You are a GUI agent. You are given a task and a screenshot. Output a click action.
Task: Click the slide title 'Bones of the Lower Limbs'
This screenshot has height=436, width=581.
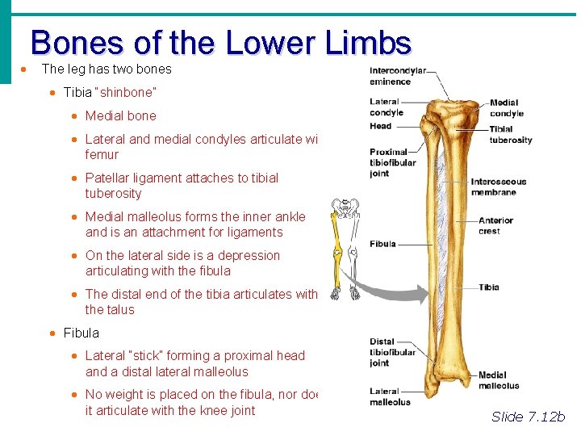221,42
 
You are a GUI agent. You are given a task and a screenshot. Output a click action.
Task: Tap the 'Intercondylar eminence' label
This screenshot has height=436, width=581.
397,75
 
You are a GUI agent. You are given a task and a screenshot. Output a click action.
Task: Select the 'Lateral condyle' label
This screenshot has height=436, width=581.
384,107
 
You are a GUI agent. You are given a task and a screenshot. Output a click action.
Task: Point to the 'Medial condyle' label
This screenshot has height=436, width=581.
506,108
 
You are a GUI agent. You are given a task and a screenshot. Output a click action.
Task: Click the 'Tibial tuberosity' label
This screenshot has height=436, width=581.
511,135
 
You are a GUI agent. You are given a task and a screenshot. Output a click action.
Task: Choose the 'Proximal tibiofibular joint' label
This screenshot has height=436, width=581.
392,163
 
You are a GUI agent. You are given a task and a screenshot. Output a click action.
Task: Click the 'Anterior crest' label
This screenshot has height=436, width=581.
495,225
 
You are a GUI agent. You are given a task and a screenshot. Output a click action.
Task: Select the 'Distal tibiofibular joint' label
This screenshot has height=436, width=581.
392,352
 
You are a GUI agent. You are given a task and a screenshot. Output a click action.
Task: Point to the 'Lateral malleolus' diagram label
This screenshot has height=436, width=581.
390,396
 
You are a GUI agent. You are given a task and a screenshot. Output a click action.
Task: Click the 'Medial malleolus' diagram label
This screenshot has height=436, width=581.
499,380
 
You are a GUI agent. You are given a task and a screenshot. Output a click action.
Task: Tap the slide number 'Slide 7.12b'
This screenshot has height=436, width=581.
529,417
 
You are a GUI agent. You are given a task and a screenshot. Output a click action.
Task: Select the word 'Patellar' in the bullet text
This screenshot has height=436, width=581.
107,178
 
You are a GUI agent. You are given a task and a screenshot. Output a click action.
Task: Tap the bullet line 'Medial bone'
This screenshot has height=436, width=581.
121,115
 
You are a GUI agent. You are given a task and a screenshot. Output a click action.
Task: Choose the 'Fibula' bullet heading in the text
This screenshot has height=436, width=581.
82,333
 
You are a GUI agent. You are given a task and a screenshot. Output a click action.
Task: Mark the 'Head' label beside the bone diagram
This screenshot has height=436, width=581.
380,126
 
